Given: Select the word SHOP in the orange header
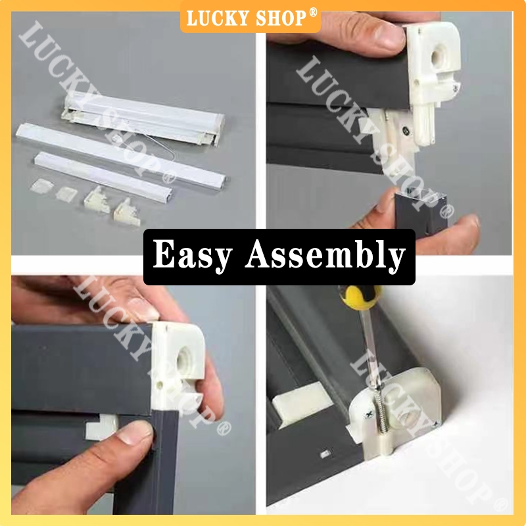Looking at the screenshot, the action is [281, 18].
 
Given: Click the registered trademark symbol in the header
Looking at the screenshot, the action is [313, 12].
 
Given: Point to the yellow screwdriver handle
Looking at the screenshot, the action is [360, 296].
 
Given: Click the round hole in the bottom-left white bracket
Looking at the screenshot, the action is [184, 360].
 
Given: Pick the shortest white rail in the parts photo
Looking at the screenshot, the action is [104, 176].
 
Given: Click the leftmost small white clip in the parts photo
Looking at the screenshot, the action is [41, 186].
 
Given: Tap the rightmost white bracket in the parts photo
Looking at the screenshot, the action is [127, 213].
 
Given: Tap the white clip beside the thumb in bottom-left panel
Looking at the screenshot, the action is [102, 427].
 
